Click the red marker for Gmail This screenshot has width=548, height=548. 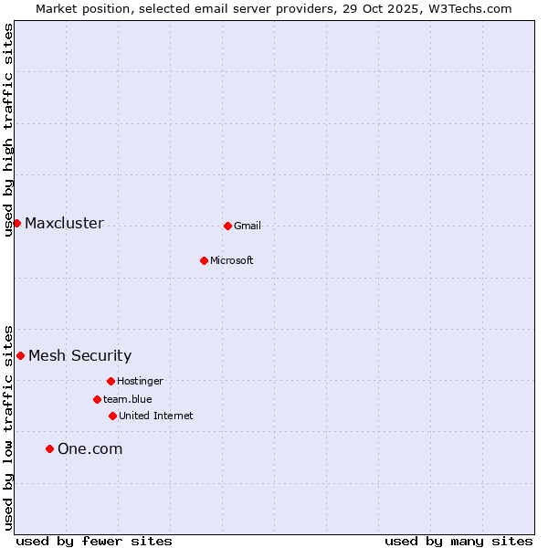(x=227, y=226)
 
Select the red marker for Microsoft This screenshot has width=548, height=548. (x=205, y=260)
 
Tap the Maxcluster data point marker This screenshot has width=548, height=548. (x=16, y=223)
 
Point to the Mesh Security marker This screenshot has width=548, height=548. (x=20, y=355)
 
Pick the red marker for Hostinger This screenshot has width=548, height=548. (x=111, y=381)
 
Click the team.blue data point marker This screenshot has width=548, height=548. (x=97, y=399)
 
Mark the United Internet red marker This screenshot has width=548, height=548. (x=112, y=416)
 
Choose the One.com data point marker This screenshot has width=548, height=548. (x=49, y=448)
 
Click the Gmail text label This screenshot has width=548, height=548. (x=248, y=227)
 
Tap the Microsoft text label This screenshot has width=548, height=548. (x=232, y=261)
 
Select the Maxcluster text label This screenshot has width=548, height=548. (x=64, y=224)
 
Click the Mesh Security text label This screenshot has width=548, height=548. (x=80, y=356)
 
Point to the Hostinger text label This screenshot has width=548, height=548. (x=140, y=382)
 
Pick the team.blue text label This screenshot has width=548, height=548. (x=128, y=400)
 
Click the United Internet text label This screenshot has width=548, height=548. (x=156, y=416)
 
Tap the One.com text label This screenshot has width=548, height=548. (x=90, y=449)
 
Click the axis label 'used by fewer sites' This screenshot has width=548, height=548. (x=94, y=542)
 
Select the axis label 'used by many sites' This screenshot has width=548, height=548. (x=458, y=542)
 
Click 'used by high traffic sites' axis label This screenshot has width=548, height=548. (x=8, y=130)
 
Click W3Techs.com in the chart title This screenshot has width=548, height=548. (x=469, y=8)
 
